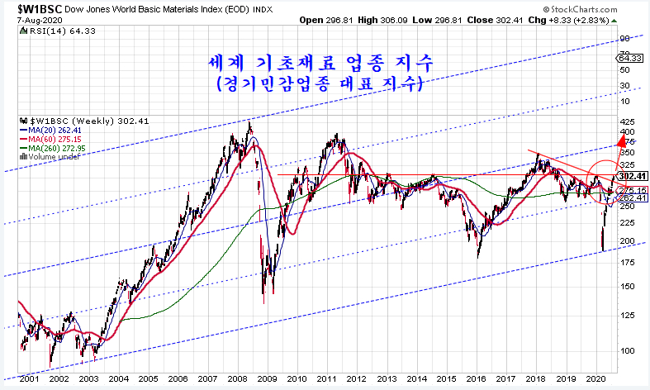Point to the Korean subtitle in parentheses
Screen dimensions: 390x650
pos(319,83)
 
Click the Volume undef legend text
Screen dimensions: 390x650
pos(54,156)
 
